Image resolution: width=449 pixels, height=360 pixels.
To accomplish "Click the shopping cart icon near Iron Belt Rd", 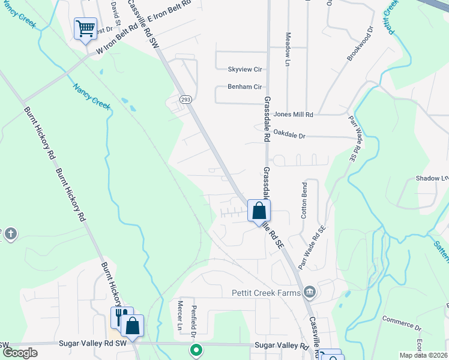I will pos(85,28).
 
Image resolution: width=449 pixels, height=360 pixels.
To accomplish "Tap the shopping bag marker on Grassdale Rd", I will pos(259,211).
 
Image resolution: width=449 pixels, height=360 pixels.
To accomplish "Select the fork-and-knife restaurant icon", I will pos(120,316).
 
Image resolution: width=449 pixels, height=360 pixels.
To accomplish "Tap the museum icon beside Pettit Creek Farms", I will pos(309,292).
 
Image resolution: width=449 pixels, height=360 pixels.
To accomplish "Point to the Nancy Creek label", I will pos(92,96).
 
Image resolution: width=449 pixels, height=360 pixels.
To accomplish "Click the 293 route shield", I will pos(185,98).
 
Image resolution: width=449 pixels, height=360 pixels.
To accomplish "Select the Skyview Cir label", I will pos(245,69).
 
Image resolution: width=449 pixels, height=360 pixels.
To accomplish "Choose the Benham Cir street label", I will pos(245,86).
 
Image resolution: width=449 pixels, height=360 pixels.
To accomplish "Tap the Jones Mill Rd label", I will pos(294,114).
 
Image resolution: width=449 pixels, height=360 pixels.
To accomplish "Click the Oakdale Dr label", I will pos(289,136).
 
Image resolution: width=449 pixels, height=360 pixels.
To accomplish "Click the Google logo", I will pos(20,353).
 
